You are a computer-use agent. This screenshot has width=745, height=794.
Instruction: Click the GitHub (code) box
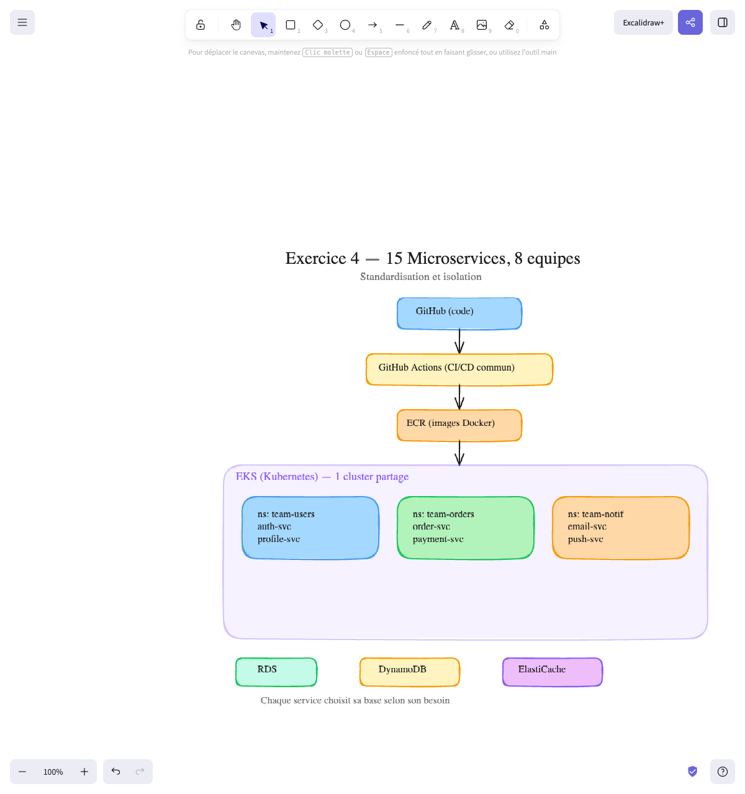coord(459,314)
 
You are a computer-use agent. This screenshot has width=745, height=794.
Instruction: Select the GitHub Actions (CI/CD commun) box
coord(459,369)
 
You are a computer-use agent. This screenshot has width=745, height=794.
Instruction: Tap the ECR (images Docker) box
coord(459,425)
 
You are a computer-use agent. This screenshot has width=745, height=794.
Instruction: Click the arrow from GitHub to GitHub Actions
coord(459,341)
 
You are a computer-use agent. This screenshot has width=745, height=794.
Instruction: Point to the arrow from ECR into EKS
coord(459,453)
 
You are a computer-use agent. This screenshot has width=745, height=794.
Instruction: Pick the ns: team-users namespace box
coord(310,528)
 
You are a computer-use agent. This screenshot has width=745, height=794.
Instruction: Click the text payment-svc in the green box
coord(438,539)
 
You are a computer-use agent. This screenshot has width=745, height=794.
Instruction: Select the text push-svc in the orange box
coord(585,539)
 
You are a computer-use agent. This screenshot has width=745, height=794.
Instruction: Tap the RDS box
coord(276,672)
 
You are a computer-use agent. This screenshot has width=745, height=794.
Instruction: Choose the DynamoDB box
coord(410,672)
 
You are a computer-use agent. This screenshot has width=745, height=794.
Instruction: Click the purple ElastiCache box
coord(553,672)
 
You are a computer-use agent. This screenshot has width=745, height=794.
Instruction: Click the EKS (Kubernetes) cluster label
coord(322,477)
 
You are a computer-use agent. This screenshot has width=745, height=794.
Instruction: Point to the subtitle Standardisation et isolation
coord(420,277)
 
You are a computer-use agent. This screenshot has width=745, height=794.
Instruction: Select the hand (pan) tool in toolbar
coord(236,25)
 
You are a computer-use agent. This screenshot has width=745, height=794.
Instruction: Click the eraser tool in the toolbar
coord(509,25)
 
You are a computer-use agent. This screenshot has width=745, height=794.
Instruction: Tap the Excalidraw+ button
coord(643,22)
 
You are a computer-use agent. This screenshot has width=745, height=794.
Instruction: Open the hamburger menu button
coord(22,22)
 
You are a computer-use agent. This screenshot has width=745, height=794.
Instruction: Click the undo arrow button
coord(115,771)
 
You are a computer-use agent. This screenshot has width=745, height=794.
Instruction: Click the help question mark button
coord(722,771)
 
